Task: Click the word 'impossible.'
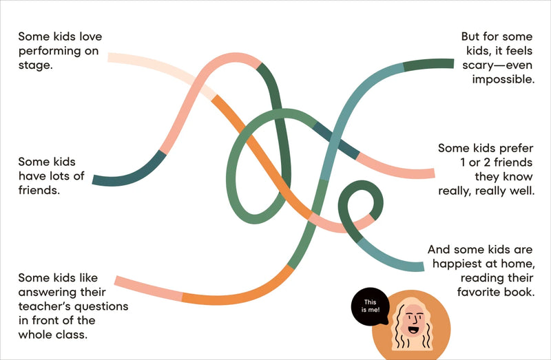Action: point(503,80)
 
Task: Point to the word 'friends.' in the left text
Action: point(39,190)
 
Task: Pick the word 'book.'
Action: point(521,293)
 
